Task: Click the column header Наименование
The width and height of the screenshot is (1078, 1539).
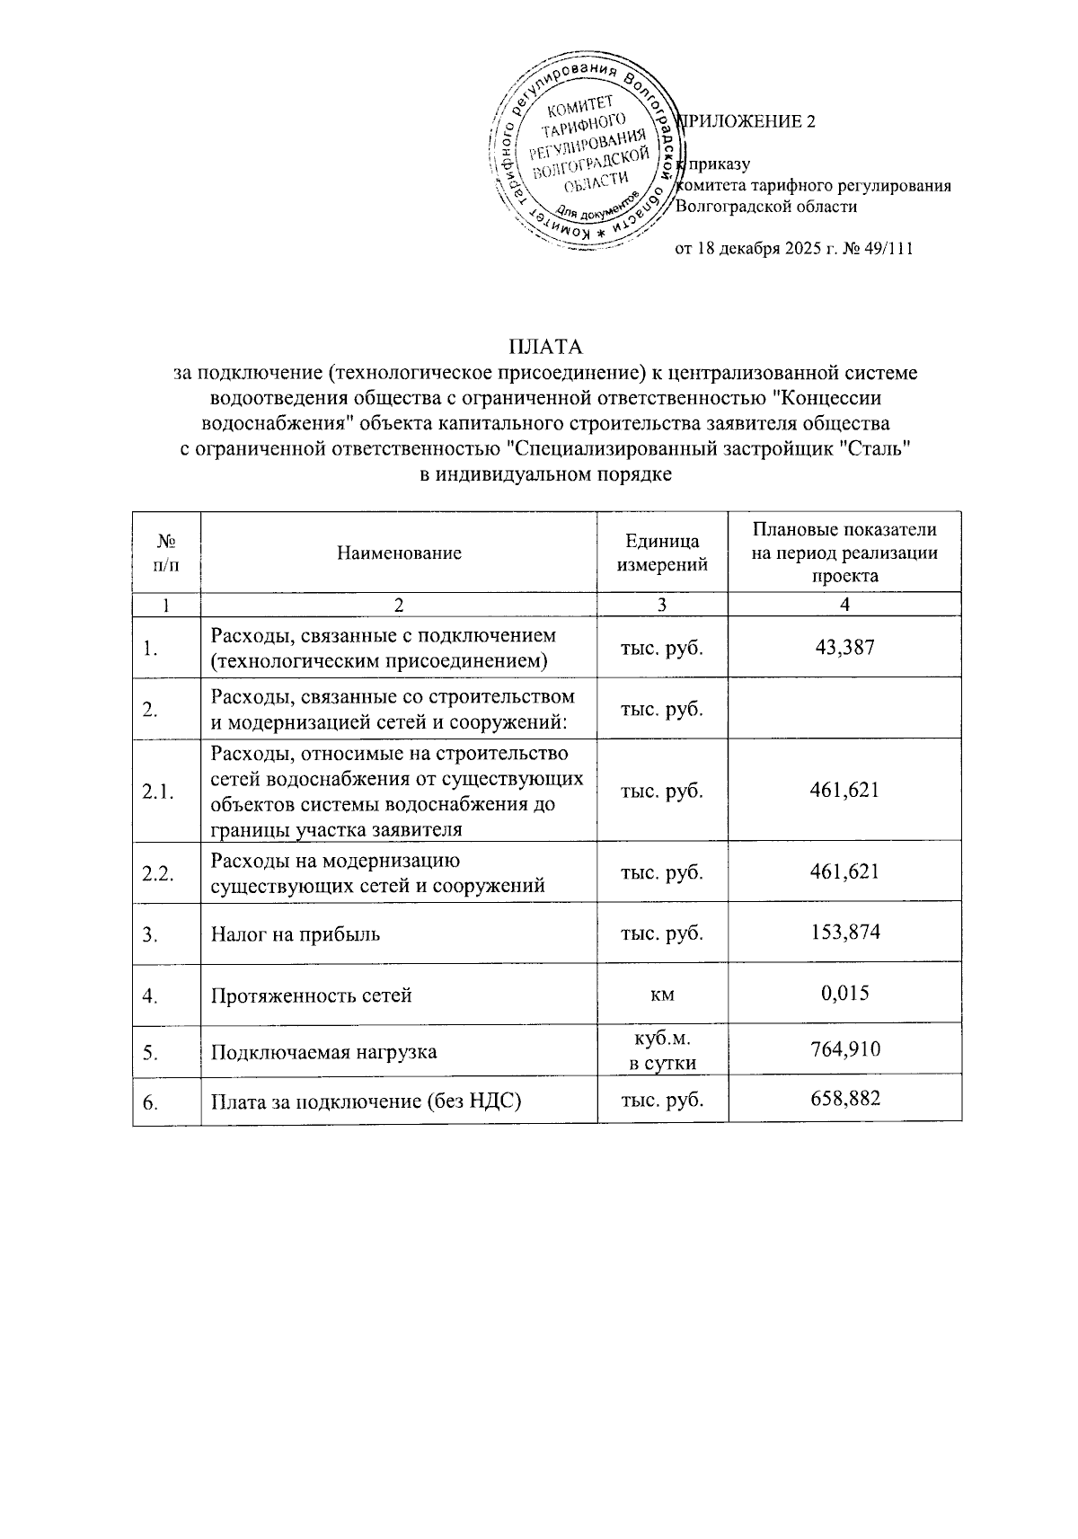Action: point(399,553)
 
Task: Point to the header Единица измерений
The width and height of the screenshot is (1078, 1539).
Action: point(662,553)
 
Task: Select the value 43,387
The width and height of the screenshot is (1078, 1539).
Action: point(844,646)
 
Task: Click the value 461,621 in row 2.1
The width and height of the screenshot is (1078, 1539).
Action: point(844,790)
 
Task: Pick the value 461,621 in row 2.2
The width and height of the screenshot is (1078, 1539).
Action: point(844,871)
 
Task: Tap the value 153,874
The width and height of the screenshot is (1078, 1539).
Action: point(844,933)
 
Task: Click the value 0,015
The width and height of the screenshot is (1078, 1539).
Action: point(844,994)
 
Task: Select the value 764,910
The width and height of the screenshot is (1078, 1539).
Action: point(844,1049)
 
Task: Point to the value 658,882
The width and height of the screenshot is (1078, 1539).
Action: point(844,1099)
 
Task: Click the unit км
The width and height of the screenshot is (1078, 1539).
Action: point(662,995)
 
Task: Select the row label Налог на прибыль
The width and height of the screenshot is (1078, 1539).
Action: point(296,933)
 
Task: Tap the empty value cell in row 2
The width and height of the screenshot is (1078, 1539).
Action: point(844,708)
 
